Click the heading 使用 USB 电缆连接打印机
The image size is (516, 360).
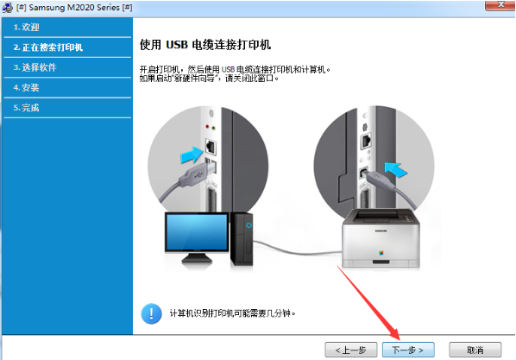[211, 43]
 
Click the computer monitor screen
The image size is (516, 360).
[196, 236]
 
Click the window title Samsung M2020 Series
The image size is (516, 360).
[74, 6]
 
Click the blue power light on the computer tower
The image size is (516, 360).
[248, 226]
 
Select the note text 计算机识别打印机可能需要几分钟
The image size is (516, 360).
[232, 313]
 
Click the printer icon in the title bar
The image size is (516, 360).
[8, 6]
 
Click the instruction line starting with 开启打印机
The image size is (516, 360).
[235, 67]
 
